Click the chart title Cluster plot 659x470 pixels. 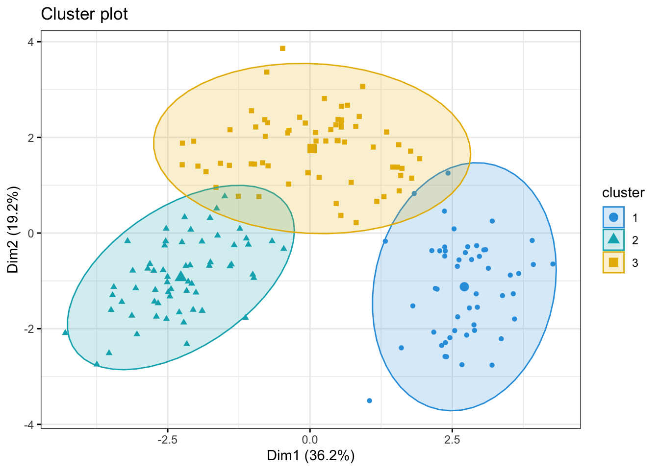(84, 14)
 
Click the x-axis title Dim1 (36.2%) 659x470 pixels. (310, 456)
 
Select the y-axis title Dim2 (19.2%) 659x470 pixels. (13, 230)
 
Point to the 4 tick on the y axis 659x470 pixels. (31, 42)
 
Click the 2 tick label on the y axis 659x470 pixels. (31, 138)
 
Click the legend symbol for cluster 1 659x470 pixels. (613, 217)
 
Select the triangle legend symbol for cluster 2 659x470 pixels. (613, 240)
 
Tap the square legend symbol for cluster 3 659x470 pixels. (613, 262)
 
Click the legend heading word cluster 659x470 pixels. (623, 193)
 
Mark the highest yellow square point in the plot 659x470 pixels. (282, 48)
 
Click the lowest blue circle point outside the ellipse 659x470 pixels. (369, 400)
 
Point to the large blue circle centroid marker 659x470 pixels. (464, 286)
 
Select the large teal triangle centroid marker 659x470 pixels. (180, 277)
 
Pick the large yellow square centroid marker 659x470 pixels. (312, 148)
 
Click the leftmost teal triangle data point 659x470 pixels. (65, 332)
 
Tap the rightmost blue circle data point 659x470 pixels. (553, 264)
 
